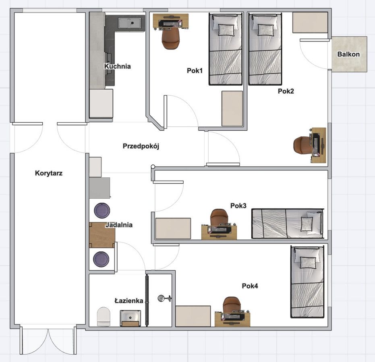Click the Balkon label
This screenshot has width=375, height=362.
[348, 54]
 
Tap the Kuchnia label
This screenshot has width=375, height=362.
[118, 66]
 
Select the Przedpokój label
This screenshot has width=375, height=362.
[141, 146]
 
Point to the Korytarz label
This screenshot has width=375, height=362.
[49, 173]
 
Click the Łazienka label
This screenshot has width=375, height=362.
[129, 300]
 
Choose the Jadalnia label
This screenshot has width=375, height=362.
[119, 225]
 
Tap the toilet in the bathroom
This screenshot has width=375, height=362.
[104, 317]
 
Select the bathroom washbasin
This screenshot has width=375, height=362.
[131, 318]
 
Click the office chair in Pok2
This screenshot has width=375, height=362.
[302, 145]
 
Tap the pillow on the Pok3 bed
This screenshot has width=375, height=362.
[307, 224]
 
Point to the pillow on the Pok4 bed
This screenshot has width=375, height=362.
[307, 263]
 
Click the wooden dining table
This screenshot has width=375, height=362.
[102, 235]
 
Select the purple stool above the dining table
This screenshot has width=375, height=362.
[102, 210]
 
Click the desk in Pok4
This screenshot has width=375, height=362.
[232, 319]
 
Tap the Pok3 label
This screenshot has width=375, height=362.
[238, 206]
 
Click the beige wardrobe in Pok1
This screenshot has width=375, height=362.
[232, 109]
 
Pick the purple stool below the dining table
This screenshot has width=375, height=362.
[101, 259]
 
